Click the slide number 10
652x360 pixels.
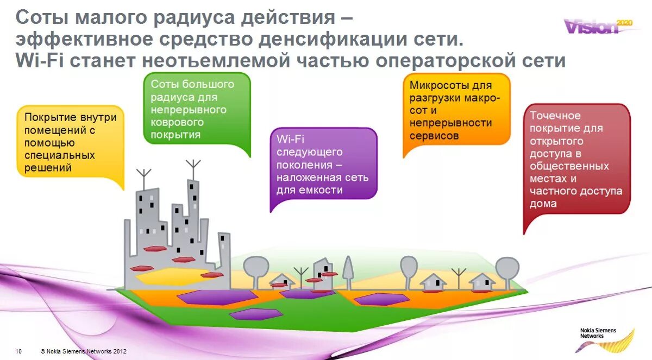(18, 351)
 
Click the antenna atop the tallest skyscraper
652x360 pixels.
(193, 168)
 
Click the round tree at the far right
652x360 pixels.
(507, 268)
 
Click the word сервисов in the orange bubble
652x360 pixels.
(434, 136)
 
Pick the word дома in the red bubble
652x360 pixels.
(543, 204)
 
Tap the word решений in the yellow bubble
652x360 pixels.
(48, 168)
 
